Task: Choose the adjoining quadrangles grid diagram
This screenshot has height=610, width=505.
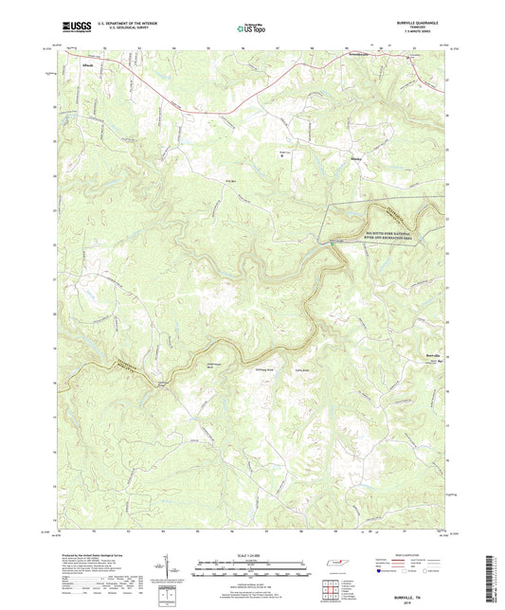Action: click(x=334, y=588)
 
